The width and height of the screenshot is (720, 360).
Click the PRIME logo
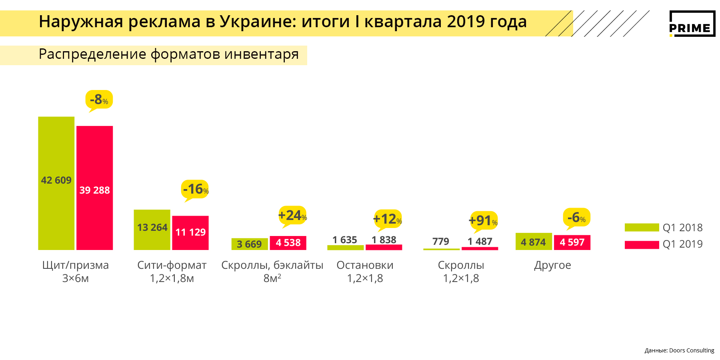(692, 24)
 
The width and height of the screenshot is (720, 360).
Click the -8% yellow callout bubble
(99, 100)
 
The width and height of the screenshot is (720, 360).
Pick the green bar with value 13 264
(152, 230)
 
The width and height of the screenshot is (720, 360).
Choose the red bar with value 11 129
(190, 233)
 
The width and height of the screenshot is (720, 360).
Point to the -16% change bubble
(195, 189)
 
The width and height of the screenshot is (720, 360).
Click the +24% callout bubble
(292, 216)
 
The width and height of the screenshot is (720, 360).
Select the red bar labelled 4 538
(288, 243)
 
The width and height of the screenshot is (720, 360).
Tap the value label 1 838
(384, 240)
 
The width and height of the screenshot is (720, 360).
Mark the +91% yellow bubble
(483, 220)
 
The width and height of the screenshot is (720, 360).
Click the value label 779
(441, 241)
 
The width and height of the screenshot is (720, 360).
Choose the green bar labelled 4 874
(534, 242)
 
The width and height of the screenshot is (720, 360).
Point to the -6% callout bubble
(576, 218)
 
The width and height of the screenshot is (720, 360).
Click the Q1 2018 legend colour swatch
(642, 228)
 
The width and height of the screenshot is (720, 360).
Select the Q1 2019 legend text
(682, 244)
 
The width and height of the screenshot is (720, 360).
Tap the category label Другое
(552, 265)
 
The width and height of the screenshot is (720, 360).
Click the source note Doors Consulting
(692, 350)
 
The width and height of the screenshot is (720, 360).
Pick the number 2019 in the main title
(466, 22)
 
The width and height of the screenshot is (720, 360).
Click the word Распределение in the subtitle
(92, 54)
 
